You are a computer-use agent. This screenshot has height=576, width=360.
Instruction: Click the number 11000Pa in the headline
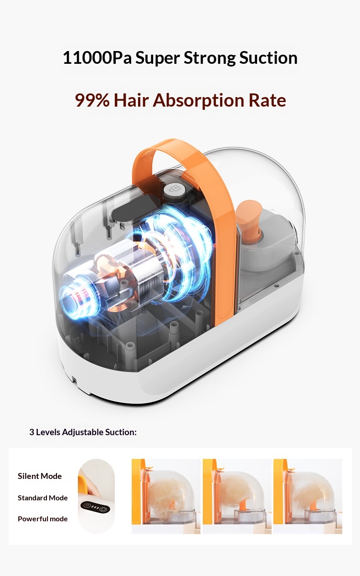97,57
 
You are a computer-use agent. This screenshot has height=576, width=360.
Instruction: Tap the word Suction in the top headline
268,57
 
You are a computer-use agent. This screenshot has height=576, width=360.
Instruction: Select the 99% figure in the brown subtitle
93,100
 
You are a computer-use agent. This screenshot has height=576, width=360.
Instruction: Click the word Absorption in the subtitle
198,101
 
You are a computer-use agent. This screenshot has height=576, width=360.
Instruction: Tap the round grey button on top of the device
175,190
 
